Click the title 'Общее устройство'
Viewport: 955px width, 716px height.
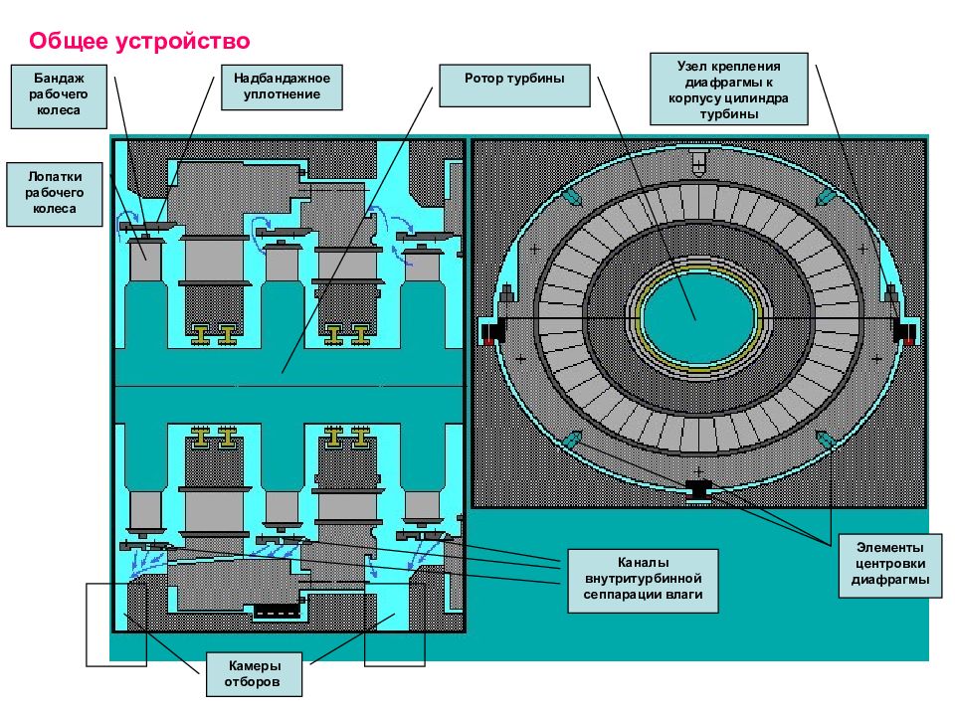click(139, 41)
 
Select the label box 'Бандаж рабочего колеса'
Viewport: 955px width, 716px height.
click(59, 96)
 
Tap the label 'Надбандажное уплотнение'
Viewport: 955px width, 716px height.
click(282, 88)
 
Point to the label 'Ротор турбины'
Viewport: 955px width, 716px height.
click(514, 86)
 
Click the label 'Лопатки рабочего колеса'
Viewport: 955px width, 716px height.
click(54, 194)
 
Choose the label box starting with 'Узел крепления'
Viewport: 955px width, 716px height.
click(728, 89)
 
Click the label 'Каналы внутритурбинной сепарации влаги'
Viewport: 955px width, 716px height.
click(643, 580)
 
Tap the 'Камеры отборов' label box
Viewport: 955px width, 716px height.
click(254, 674)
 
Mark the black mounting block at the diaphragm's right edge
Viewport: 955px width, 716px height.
click(904, 332)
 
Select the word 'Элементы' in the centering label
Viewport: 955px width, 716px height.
click(889, 547)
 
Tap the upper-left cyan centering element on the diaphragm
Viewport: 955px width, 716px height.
click(573, 197)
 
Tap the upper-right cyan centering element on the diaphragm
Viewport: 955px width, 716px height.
click(825, 196)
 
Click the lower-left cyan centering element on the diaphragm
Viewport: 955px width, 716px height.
click(573, 439)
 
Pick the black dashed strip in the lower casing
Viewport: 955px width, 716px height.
click(278, 612)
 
